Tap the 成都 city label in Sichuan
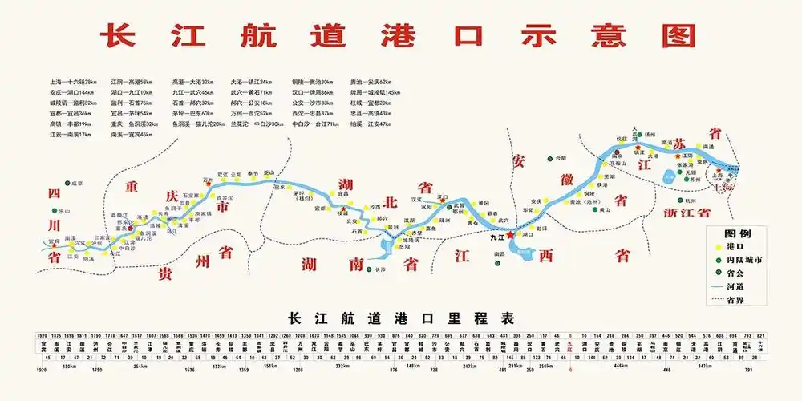click(x=77, y=184)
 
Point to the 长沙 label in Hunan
click(x=380, y=271)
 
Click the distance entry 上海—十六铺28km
click(x=72, y=82)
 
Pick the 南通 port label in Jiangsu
click(x=708, y=147)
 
